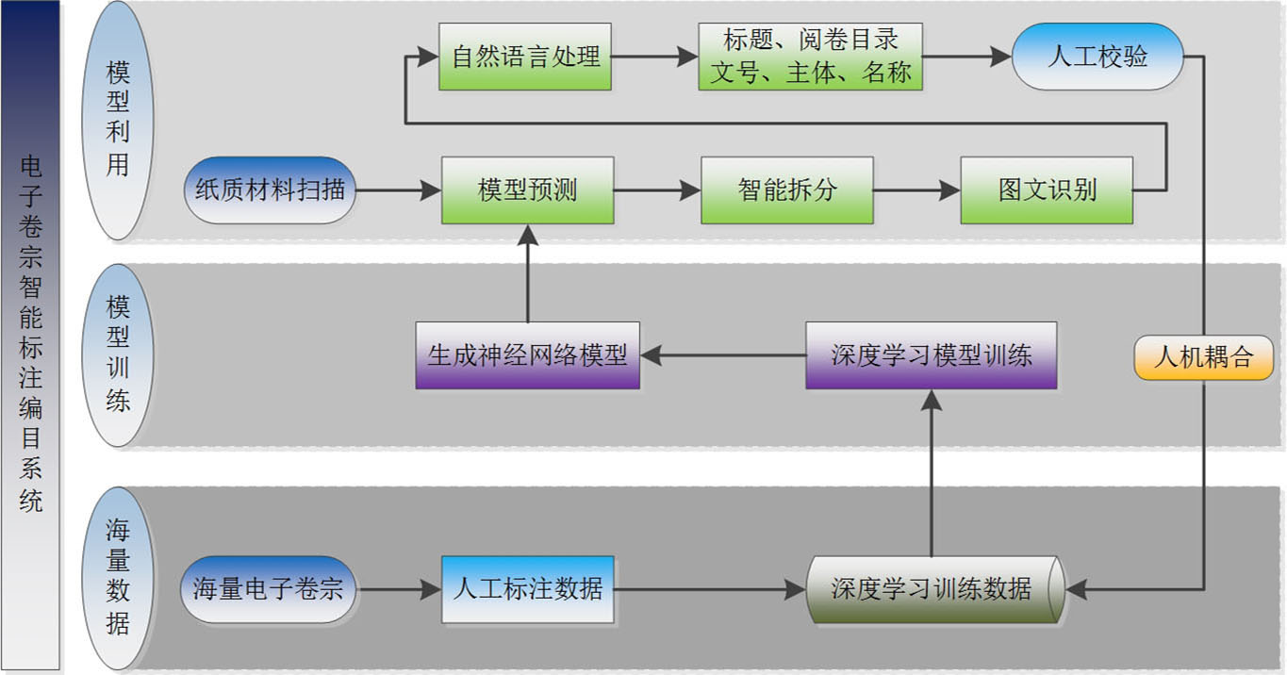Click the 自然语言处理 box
525,57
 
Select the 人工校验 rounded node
1097,57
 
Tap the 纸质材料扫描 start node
270,190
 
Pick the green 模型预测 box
527,190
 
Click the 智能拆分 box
787,190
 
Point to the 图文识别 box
1047,190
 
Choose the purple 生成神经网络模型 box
527,355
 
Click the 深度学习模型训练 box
931,355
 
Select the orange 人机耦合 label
1204,358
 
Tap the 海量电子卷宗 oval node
270,590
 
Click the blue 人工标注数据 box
527,590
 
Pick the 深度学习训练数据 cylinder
934,590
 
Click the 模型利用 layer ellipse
118,120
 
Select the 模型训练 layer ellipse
118,355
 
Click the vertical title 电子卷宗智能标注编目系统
30,335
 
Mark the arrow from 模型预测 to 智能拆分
657,190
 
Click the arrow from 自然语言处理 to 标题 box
654,57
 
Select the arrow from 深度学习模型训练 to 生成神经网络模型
722,355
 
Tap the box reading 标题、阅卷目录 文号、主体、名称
810,57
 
